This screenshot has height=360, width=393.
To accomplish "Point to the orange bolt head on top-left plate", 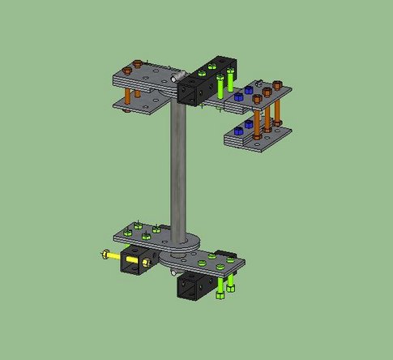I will [138, 64].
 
